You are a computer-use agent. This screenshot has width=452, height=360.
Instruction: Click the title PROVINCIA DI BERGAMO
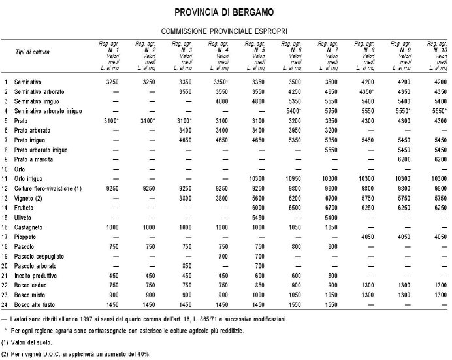coord(225,12)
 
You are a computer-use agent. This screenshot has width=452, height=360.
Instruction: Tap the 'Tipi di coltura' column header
coord(33,51)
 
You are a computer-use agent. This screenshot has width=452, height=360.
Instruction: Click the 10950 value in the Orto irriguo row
coord(297,178)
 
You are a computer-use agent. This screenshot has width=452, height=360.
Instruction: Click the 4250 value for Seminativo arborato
coord(297,93)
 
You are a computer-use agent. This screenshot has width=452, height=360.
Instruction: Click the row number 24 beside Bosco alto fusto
coord(5,304)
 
